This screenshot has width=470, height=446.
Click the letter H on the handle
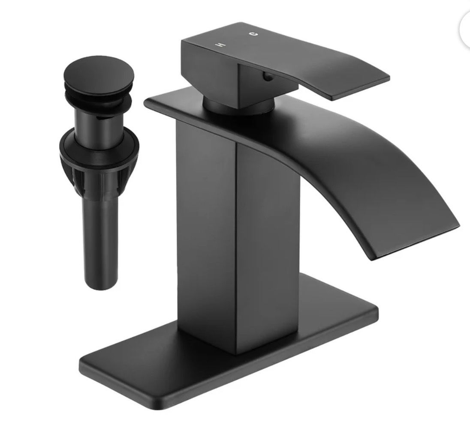pyautogui.click(x=221, y=44)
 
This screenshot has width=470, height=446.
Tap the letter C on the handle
pyautogui.click(x=254, y=34)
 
